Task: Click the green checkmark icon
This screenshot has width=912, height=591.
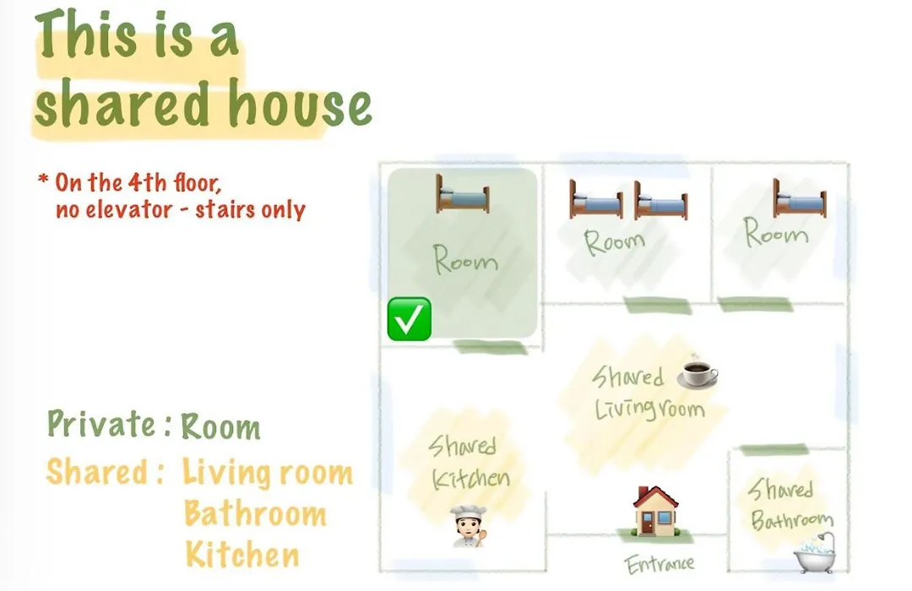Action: [410, 319]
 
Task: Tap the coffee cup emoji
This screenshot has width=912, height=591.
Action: [698, 371]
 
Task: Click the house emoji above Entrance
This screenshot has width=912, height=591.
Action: [655, 511]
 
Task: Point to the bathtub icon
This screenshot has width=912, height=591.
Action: [816, 553]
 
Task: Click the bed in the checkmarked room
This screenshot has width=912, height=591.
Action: [463, 194]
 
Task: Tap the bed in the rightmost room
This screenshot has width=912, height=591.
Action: [800, 198]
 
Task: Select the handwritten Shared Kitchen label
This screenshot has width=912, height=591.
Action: [469, 463]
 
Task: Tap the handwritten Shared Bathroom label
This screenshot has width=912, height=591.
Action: [790, 504]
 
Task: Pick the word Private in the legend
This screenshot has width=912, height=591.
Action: [101, 424]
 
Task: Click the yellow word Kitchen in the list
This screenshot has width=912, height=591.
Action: [242, 555]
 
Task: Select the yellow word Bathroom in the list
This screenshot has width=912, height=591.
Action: [255, 513]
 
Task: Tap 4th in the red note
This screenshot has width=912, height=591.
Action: [147, 182]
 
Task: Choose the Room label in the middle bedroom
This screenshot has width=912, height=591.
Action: [615, 242]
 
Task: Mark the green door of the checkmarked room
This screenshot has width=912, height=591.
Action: [491, 348]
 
